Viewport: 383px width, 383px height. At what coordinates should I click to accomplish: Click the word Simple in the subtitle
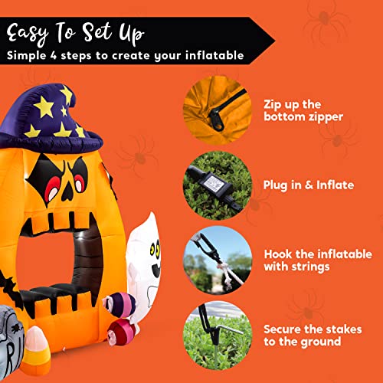pyautogui.click(x=28, y=56)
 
